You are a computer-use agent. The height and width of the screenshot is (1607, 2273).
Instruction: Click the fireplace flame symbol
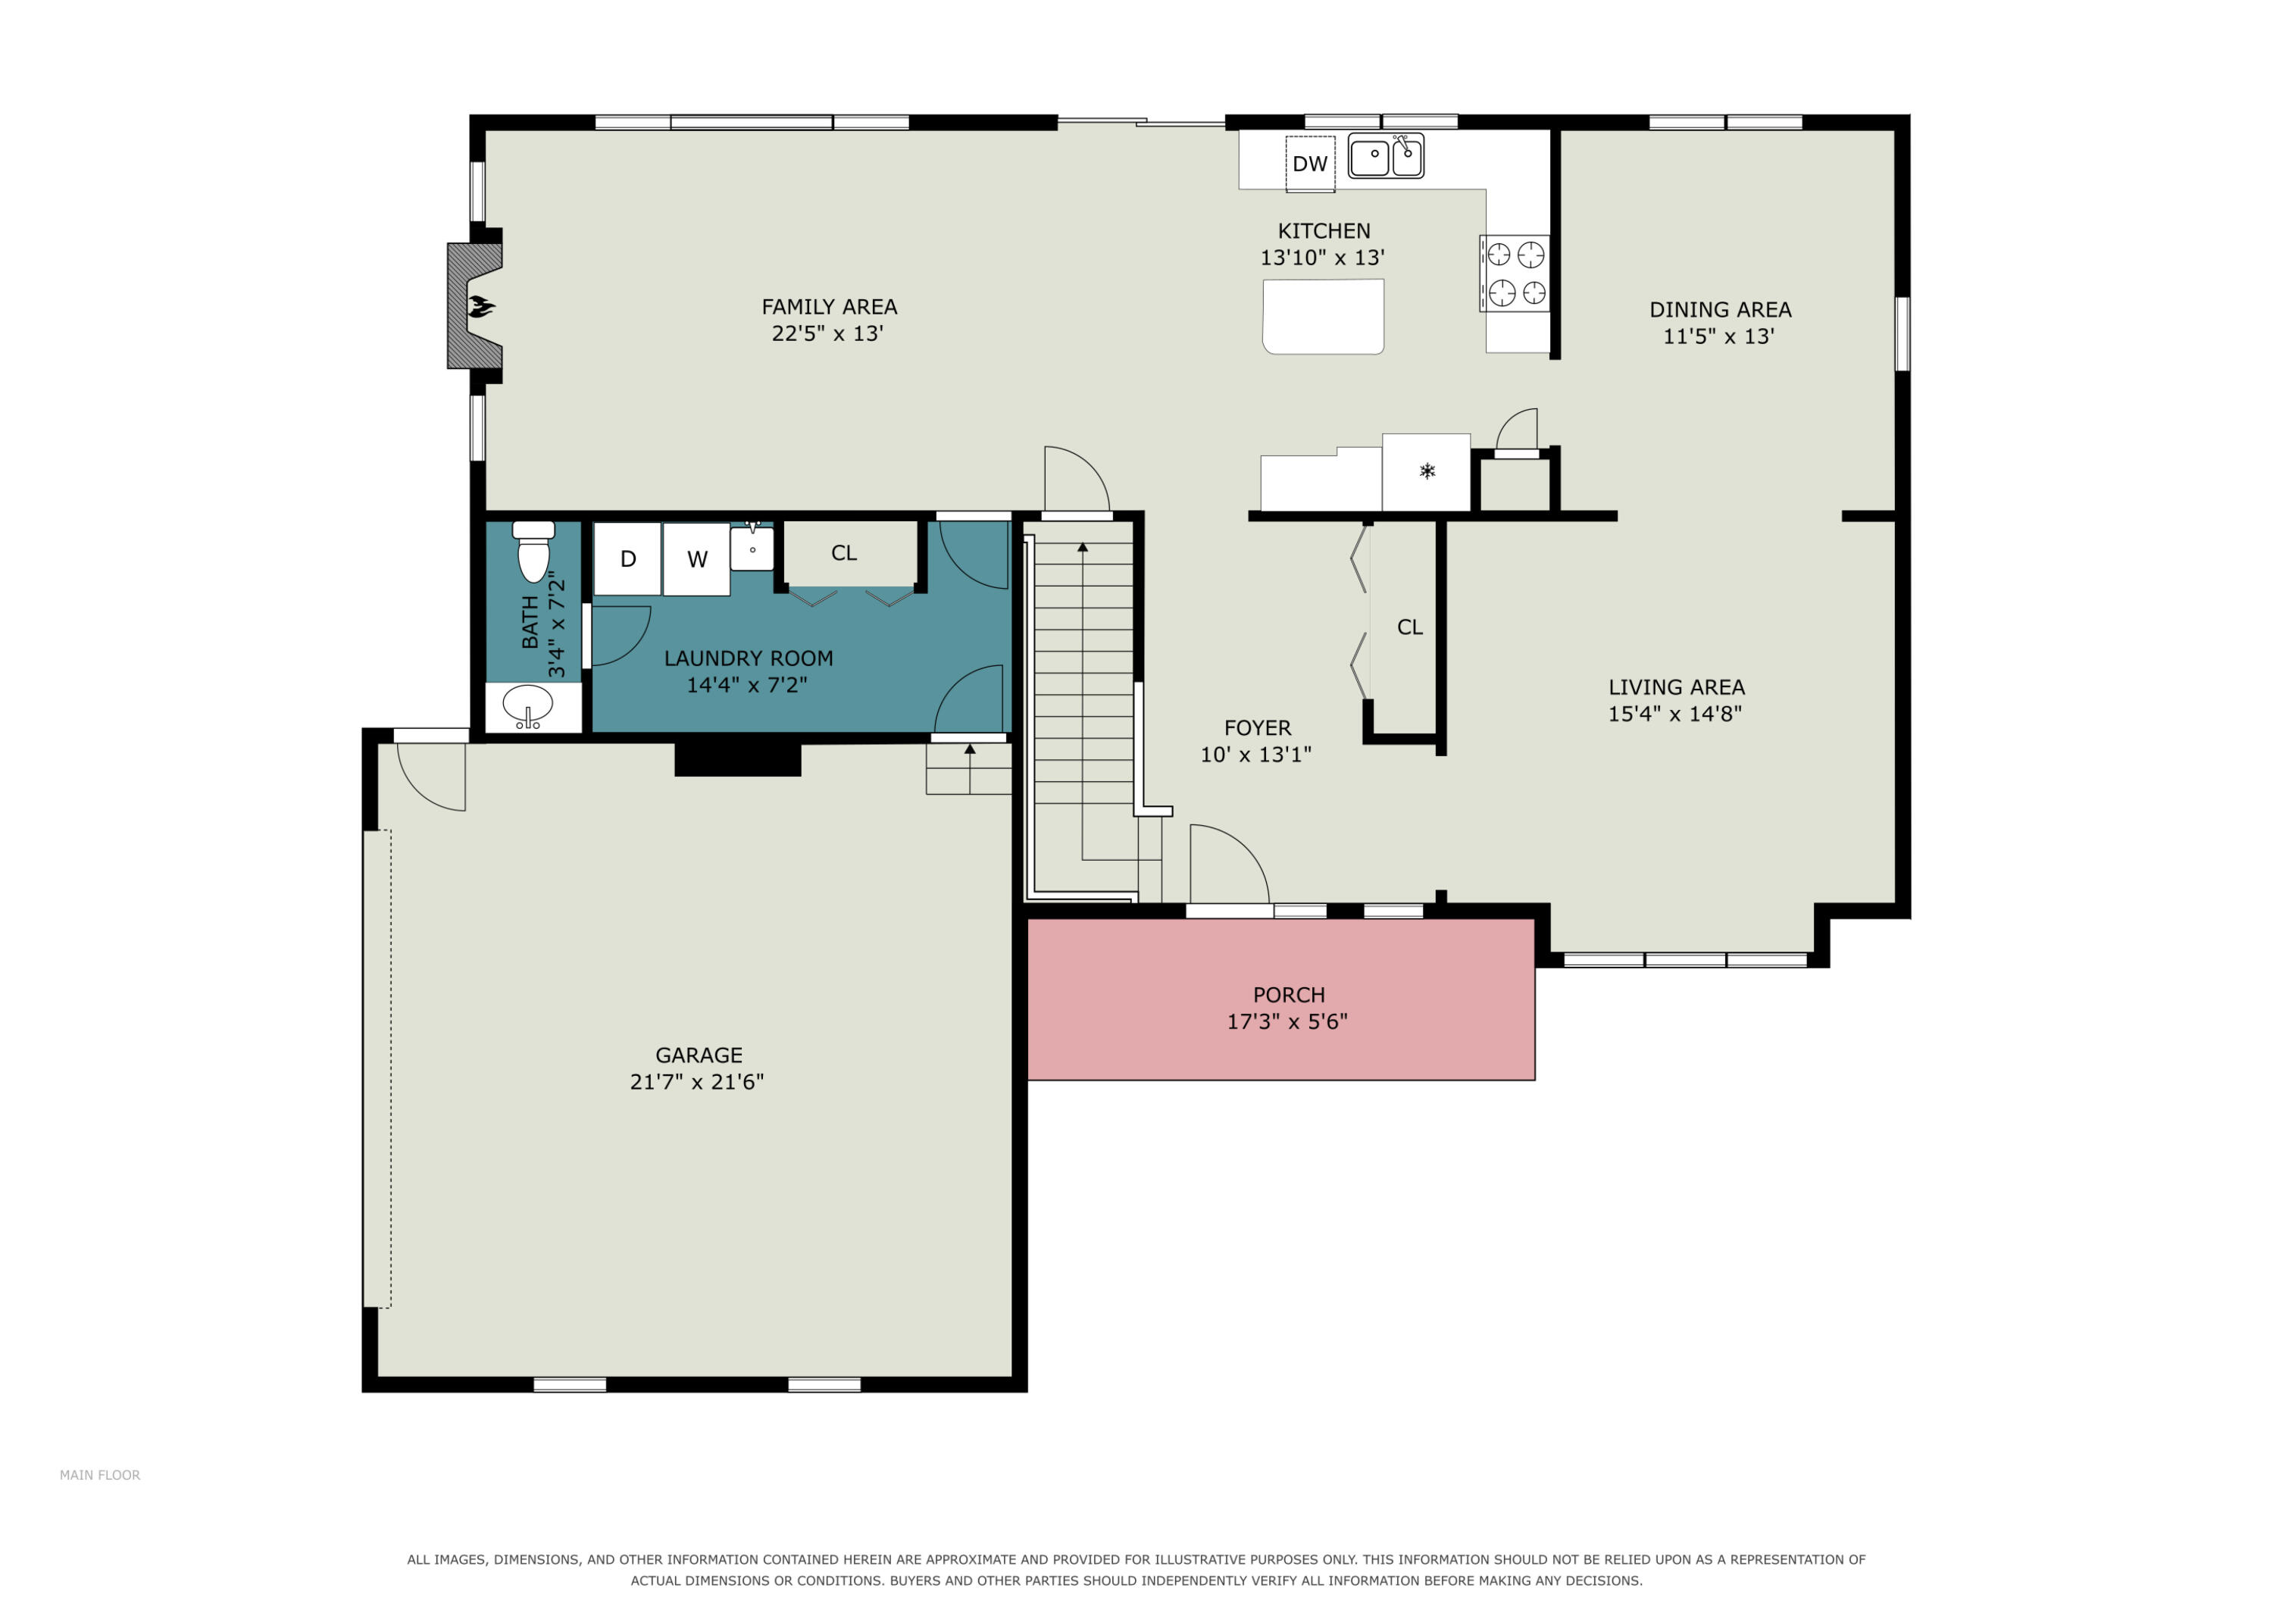click(481, 307)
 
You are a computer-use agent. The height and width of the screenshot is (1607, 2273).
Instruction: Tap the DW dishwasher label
click(1310, 164)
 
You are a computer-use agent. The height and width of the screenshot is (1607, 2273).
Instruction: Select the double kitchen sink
click(1386, 156)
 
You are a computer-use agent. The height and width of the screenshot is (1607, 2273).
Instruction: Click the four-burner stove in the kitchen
click(1515, 274)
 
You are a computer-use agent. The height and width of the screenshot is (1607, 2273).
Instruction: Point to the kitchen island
click(1324, 316)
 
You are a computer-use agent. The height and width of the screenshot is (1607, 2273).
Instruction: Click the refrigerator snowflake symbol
click(1427, 471)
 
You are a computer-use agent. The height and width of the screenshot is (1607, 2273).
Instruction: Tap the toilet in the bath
click(533, 552)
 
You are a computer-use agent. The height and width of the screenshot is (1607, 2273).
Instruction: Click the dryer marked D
click(627, 559)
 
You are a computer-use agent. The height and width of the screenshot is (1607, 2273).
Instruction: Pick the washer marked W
click(697, 559)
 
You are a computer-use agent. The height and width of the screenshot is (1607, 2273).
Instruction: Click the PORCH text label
click(1288, 995)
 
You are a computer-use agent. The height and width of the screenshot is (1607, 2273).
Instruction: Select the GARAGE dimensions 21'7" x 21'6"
click(697, 1082)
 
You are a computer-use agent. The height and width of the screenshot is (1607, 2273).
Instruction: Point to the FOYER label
click(1257, 729)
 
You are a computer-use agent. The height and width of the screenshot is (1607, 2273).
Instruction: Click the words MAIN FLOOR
click(100, 1475)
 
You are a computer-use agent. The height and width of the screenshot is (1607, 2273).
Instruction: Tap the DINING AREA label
click(1720, 310)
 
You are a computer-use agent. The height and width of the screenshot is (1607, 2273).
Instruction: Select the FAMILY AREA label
click(829, 308)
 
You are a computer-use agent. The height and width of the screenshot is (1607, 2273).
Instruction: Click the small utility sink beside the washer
click(752, 549)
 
